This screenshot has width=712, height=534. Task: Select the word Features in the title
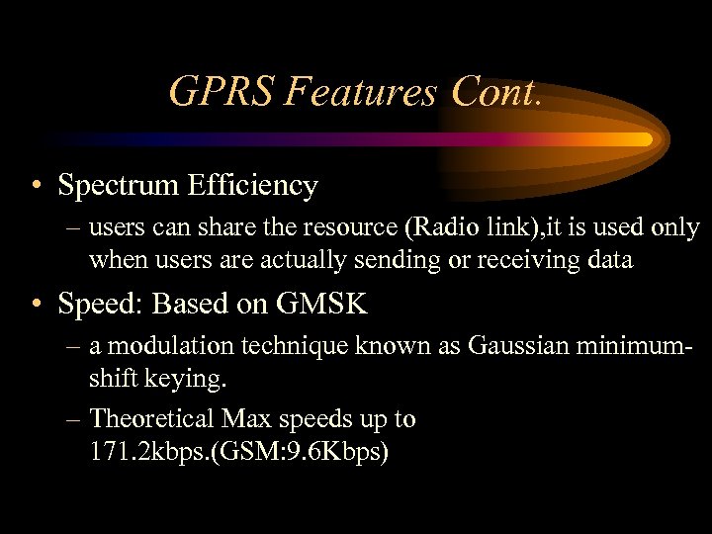[361, 92]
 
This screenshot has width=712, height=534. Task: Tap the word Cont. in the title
[496, 92]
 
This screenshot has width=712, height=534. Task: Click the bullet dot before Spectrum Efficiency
[36, 186]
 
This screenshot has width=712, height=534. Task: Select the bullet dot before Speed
[36, 305]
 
